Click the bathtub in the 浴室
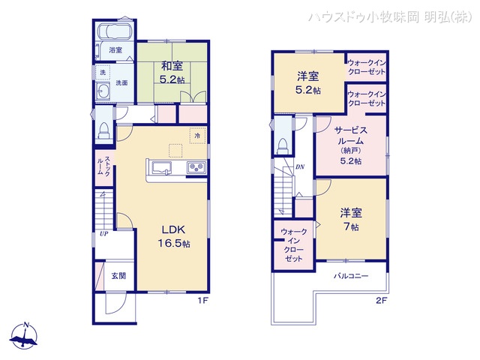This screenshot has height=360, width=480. click(115, 34)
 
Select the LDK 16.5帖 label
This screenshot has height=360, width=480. click(173, 237)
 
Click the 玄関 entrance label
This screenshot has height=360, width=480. click(118, 276)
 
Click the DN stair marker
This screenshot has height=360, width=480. click(300, 166)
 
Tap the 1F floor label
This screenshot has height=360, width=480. click(202, 302)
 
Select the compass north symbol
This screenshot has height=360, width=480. click(27, 334)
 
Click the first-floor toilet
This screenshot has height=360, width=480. click(102, 130)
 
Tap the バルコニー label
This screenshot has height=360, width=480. click(351, 277)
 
